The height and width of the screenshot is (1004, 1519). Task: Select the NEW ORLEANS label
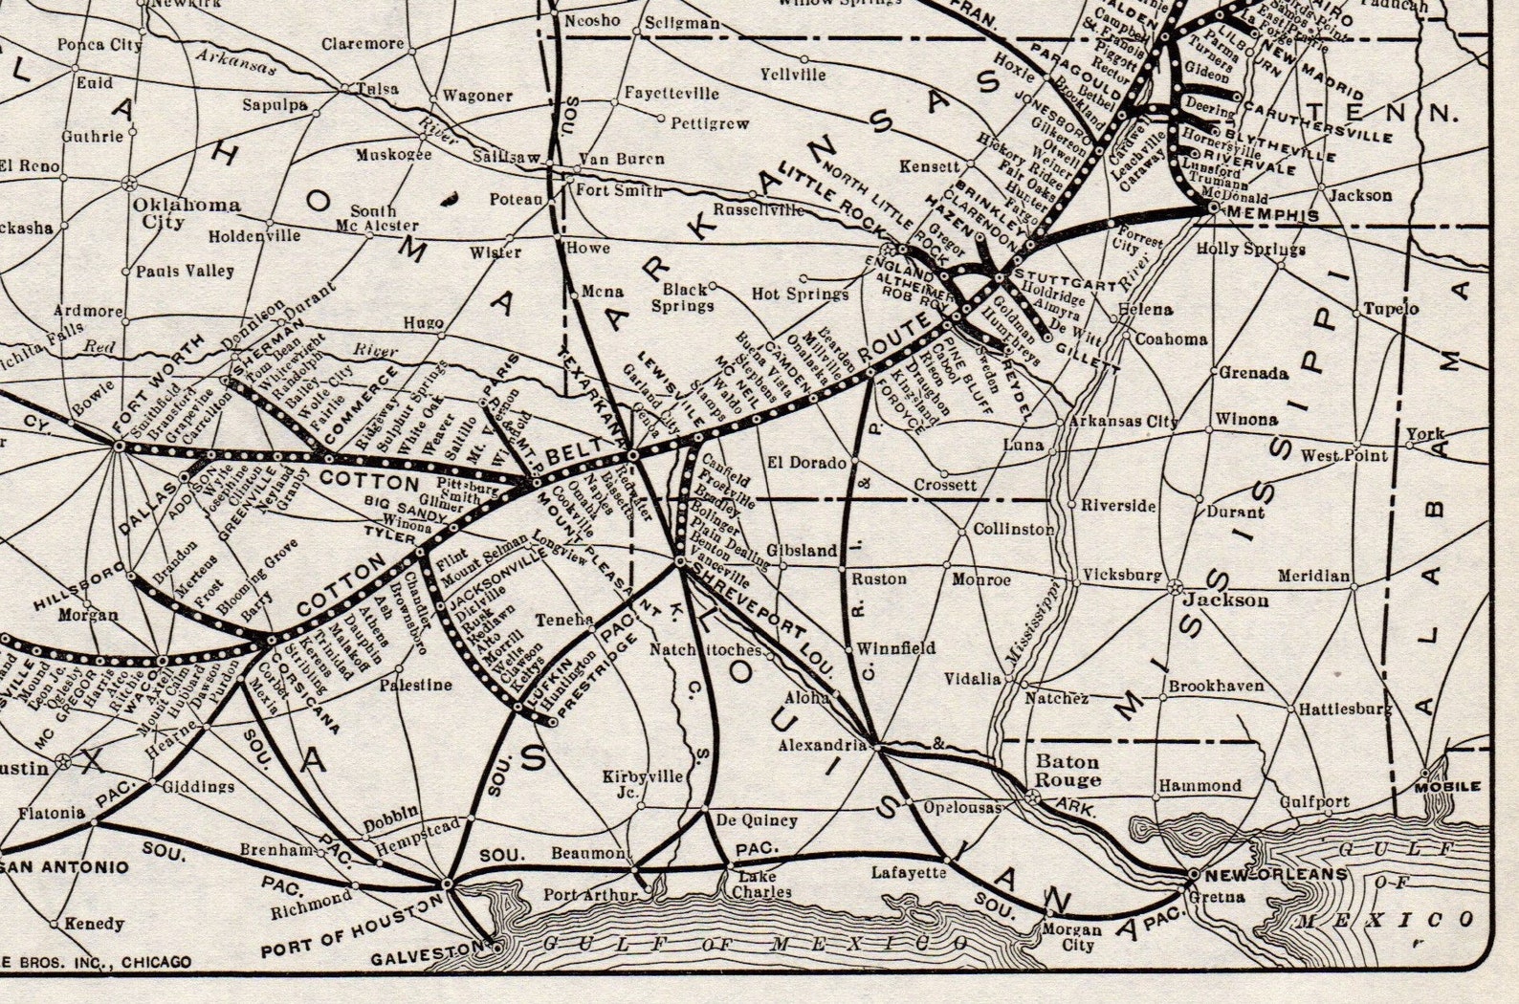pyautogui.click(x=1276, y=874)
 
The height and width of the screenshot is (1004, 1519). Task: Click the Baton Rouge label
pyautogui.click(x=1068, y=771)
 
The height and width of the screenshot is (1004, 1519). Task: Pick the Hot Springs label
pyautogui.click(x=800, y=294)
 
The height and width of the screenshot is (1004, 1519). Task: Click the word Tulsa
pyautogui.click(x=376, y=88)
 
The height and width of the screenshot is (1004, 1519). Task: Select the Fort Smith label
pyautogui.click(x=618, y=190)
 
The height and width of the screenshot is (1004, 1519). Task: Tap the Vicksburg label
pyautogui.click(x=1121, y=576)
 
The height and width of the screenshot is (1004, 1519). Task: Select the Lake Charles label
pyautogui.click(x=761, y=884)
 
